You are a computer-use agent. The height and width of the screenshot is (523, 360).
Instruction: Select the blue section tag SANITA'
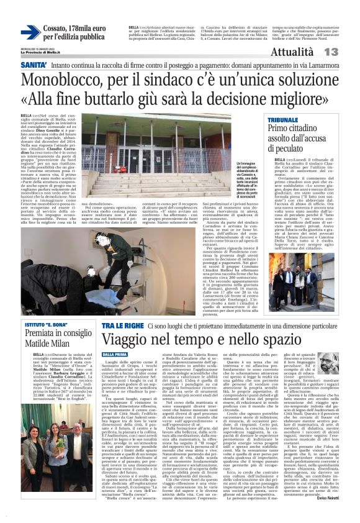click(x=34, y=64)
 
